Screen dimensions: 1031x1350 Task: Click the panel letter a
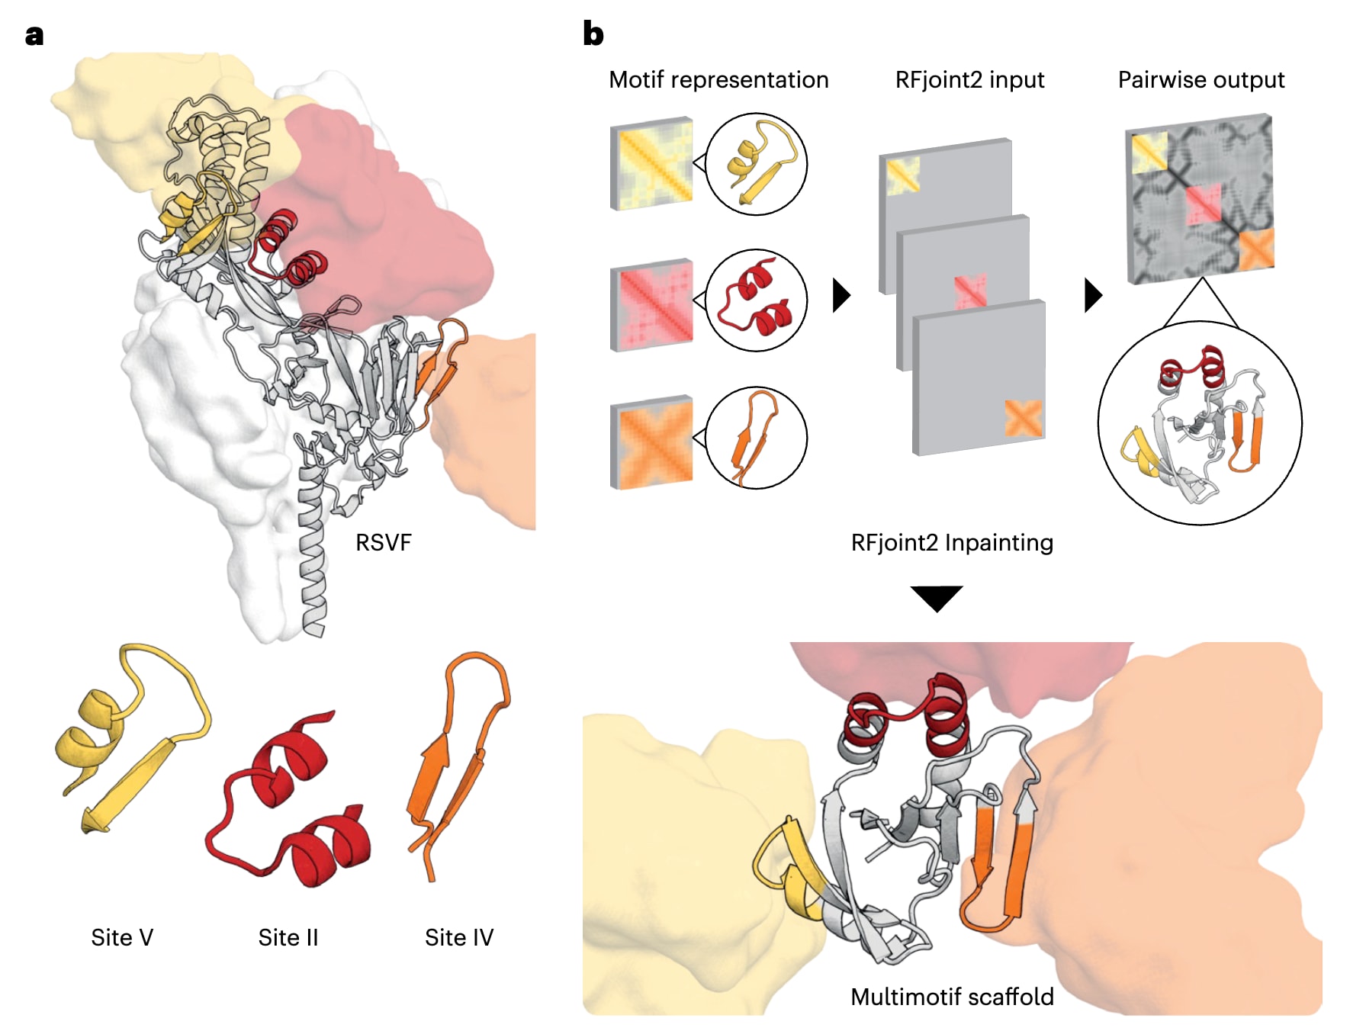[x=34, y=36]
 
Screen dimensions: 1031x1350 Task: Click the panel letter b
[x=593, y=34]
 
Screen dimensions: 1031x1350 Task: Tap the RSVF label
[x=383, y=542]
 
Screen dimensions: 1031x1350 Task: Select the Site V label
[x=122, y=937]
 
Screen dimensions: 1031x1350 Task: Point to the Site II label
[x=288, y=937]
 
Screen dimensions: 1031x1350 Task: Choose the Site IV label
[x=458, y=937]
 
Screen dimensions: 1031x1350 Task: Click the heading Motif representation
[x=718, y=80]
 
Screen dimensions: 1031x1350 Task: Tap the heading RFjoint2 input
[x=969, y=80]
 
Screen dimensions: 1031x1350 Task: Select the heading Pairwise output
[x=1201, y=80]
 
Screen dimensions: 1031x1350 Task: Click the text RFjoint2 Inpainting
[x=951, y=542]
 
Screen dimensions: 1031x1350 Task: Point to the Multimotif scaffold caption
[x=951, y=997]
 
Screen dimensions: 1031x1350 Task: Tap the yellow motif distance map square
[x=652, y=164]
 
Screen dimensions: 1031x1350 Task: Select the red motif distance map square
[x=652, y=305]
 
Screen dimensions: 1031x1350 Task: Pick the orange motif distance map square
[x=652, y=442]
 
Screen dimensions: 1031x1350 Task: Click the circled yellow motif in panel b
[x=756, y=164]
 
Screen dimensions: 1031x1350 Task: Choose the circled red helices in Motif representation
[x=756, y=300]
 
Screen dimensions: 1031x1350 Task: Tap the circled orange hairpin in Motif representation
[x=756, y=438]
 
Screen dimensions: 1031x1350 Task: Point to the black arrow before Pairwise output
[x=1093, y=295]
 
